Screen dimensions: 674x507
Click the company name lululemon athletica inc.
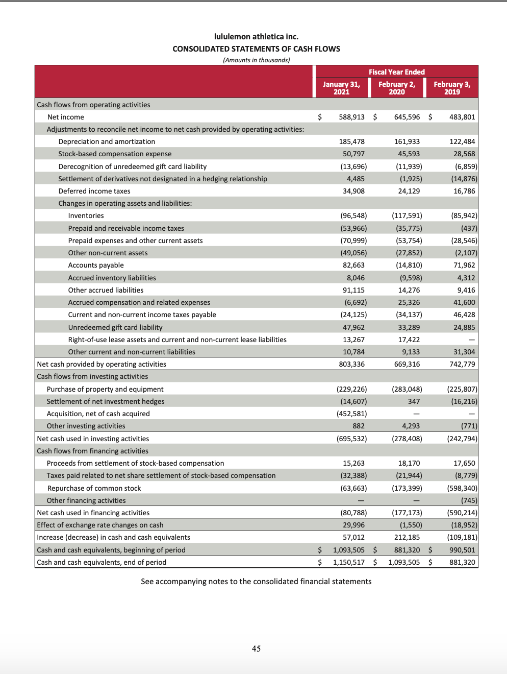pyautogui.click(x=256, y=37)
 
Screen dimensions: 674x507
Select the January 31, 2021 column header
pyautogui.click(x=341, y=88)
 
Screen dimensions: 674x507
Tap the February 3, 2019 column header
pyautogui.click(x=452, y=88)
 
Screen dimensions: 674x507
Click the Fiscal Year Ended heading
pyautogui.click(x=396, y=72)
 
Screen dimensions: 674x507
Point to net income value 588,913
pyautogui.click(x=351, y=117)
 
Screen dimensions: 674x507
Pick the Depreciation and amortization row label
pyautogui.click(x=107, y=141)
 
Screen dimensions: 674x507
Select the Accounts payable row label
pyautogui.click(x=96, y=265)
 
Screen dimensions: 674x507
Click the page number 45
pyautogui.click(x=256, y=648)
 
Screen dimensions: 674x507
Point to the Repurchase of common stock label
pyautogui.click(x=94, y=488)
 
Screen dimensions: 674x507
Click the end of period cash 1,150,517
pyautogui.click(x=348, y=562)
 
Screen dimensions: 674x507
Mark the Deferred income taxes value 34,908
pyautogui.click(x=353, y=191)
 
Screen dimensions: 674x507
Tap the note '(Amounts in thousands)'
pyautogui.click(x=256, y=60)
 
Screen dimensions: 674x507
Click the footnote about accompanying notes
pyautogui.click(x=256, y=582)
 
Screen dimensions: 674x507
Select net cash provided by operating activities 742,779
pyautogui.click(x=462, y=364)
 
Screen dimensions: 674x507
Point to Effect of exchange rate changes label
pyautogui.click(x=100, y=525)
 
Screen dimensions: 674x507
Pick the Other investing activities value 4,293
pyautogui.click(x=411, y=426)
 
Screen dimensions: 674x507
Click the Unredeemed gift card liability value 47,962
pyautogui.click(x=353, y=327)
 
